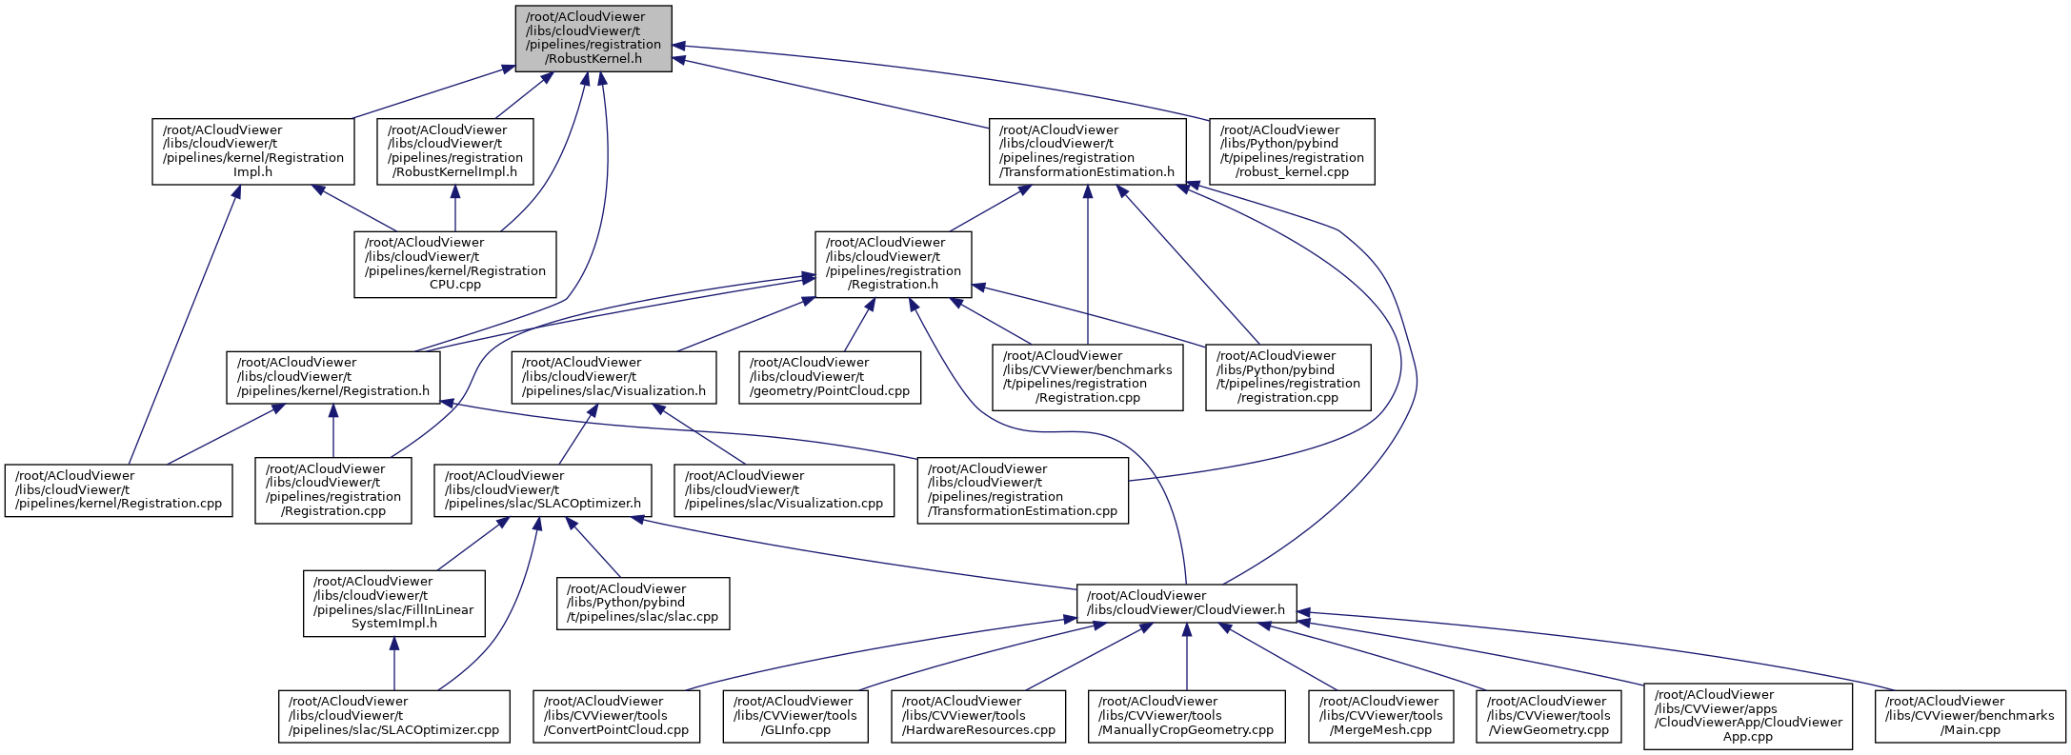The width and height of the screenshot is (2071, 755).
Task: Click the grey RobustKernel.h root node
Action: point(593,38)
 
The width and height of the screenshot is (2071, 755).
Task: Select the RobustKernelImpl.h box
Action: point(454,151)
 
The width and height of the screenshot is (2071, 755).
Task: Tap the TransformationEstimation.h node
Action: point(1087,151)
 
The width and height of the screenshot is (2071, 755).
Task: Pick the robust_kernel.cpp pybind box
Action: point(1291,151)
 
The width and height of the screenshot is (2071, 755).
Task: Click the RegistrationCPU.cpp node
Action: point(454,264)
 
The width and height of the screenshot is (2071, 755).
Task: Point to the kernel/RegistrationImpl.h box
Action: point(252,151)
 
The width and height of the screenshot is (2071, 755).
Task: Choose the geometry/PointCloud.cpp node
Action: point(830,377)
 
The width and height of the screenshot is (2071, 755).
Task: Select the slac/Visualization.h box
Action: point(613,377)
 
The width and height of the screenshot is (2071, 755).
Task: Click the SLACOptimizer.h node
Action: point(542,490)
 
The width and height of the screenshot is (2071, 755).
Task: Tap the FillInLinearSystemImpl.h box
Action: point(393,603)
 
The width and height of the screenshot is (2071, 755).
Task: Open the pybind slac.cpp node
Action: point(643,603)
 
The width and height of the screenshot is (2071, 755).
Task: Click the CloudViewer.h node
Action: point(1186,603)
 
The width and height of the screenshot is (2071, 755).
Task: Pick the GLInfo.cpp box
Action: point(795,716)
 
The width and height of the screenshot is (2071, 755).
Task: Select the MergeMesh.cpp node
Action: point(1381,716)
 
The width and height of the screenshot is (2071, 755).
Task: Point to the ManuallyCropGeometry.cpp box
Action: point(1186,716)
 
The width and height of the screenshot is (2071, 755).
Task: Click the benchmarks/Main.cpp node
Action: point(1971,716)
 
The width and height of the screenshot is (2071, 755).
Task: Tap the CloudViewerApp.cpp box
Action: point(1747,716)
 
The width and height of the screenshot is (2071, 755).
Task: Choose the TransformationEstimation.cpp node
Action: point(1022,490)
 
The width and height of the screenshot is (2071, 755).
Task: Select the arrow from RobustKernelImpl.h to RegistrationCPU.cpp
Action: point(454,209)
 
